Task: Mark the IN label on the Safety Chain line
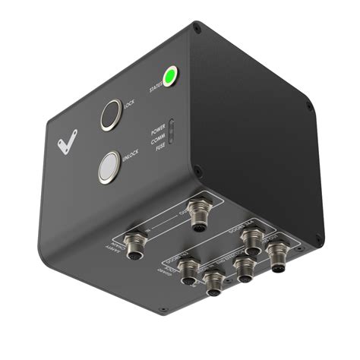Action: coord(149,230)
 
